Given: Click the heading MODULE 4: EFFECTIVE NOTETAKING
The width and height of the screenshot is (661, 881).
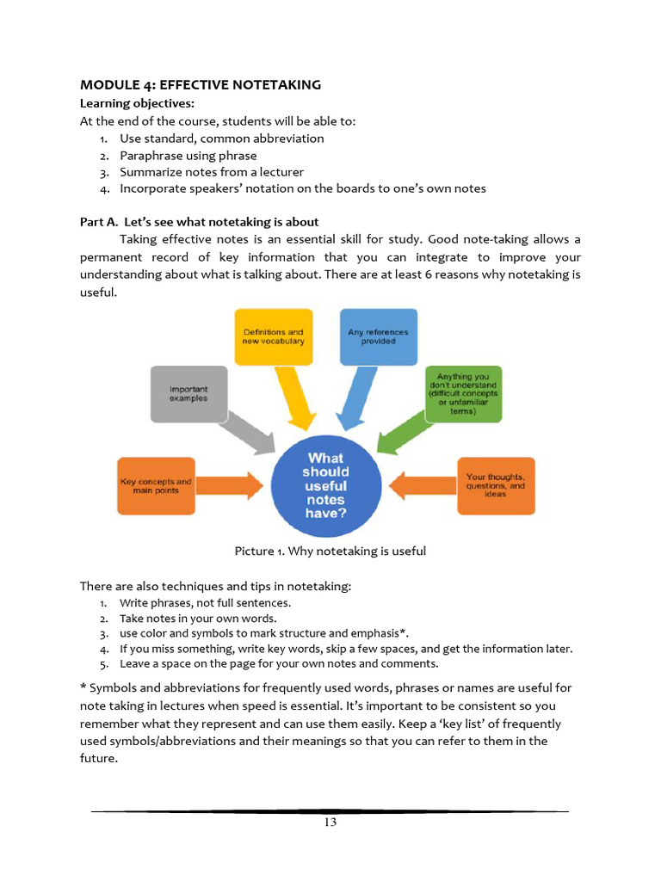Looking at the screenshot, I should (201, 84).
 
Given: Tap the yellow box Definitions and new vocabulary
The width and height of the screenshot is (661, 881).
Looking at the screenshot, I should (273, 336).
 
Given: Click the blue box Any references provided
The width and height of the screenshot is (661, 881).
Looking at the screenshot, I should (378, 336).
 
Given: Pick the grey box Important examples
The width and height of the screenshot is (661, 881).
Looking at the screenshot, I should (188, 393).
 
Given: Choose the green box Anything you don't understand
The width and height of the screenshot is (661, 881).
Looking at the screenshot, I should (462, 393).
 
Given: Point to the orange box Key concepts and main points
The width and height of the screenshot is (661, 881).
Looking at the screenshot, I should (155, 486).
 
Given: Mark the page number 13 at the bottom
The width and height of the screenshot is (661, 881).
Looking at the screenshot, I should (330, 822).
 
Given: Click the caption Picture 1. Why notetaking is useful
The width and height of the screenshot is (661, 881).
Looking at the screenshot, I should (330, 551).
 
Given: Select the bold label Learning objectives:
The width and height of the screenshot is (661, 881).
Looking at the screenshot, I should (137, 103).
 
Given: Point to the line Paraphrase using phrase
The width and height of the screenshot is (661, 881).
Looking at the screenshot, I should (188, 156).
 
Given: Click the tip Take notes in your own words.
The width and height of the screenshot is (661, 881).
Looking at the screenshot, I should (198, 619).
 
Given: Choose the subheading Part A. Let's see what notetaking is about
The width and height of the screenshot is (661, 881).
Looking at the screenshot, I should (200, 222).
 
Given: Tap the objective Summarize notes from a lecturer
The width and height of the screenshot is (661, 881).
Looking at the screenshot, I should (212, 172).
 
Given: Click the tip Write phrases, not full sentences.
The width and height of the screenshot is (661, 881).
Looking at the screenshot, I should (205, 603).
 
